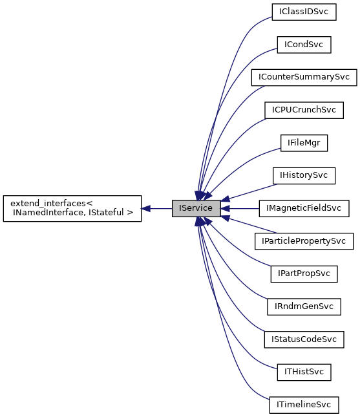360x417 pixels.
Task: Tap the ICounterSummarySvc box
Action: coord(304,77)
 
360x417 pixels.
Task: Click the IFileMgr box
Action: coord(304,143)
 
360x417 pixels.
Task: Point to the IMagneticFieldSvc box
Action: coord(304,208)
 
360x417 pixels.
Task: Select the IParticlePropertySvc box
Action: coord(304,241)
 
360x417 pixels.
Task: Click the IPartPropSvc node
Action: coord(304,273)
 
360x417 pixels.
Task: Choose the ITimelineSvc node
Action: coord(304,405)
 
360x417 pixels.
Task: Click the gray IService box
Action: coord(196,208)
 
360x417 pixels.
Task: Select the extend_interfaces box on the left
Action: coord(72,208)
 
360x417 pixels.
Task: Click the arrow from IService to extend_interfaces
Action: coord(158,208)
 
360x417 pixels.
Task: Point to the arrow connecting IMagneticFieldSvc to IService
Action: coord(242,208)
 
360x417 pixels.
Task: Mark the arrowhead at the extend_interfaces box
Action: coord(146,208)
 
